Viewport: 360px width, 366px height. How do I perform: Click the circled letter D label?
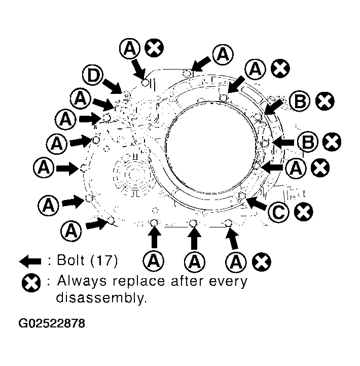click(93, 75)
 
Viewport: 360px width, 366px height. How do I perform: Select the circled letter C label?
click(278, 212)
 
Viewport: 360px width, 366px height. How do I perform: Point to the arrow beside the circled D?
click(113, 86)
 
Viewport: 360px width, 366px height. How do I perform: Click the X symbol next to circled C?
click(303, 212)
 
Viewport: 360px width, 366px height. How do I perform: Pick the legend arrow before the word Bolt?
click(30, 261)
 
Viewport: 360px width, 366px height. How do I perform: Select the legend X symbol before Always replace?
click(31, 283)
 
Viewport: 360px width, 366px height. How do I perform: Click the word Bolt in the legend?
click(70, 260)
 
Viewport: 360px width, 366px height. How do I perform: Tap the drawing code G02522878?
click(52, 323)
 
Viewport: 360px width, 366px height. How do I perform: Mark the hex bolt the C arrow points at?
click(242, 195)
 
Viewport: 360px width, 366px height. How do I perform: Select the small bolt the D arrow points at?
click(127, 95)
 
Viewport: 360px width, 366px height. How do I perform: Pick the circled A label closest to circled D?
click(81, 99)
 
